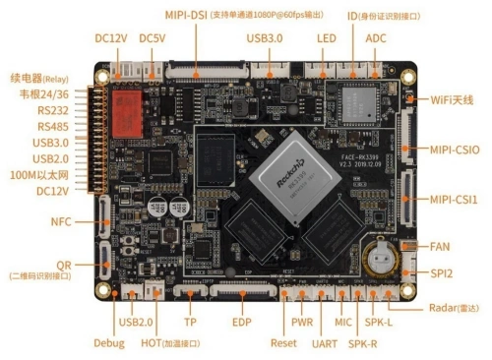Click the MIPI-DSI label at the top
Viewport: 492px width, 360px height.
point(187,16)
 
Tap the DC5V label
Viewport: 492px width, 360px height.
point(154,37)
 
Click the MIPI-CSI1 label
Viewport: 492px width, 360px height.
point(453,200)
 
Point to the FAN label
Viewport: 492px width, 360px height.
point(440,246)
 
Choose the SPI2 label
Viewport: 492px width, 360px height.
point(441,272)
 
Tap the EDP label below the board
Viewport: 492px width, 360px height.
point(242,323)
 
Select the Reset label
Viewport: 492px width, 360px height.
point(283,343)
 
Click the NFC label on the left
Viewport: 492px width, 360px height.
point(61,222)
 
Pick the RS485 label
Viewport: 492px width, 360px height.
point(53,127)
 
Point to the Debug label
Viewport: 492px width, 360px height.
point(109,343)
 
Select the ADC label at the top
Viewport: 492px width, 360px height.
point(376,37)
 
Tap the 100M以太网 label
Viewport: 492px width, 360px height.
point(48,174)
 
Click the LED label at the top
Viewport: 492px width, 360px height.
point(327,37)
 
